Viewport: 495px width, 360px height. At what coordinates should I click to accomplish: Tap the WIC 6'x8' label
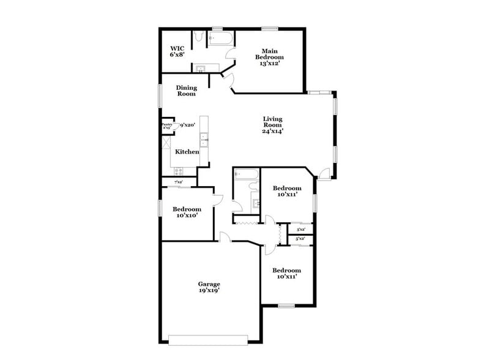[177, 51]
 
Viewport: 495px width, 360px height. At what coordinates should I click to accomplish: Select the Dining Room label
[186, 91]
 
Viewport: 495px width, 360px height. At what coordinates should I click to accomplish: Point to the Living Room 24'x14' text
[273, 125]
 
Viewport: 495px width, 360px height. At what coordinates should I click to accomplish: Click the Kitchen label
[187, 151]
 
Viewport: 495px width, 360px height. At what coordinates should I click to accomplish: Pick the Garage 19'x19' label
[209, 287]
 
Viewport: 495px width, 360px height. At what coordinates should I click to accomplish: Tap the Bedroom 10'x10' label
[186, 212]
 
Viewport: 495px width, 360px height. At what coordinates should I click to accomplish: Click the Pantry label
[166, 126]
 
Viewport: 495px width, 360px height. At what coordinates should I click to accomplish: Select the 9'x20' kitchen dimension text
[187, 125]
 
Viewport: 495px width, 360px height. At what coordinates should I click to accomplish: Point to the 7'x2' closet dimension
[179, 182]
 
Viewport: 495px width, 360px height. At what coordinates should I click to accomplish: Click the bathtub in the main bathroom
[220, 40]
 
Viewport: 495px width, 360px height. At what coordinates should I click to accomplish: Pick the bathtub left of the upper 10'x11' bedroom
[247, 174]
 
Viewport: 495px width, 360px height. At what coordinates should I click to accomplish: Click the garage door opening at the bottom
[208, 339]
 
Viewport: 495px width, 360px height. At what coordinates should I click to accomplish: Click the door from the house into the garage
[225, 238]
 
